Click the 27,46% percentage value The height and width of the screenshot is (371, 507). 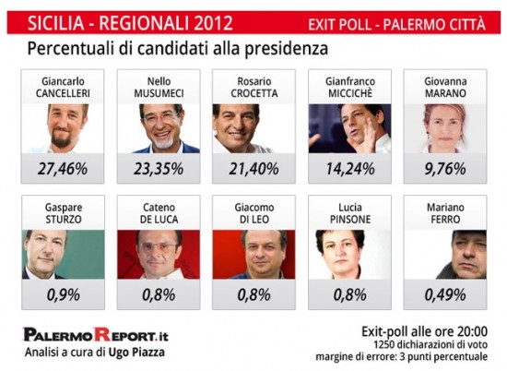point(63,169)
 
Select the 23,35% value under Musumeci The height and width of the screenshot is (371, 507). point(159,169)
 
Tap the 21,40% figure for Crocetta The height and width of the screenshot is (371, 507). point(253,169)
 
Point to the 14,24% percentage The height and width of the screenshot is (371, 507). point(350,169)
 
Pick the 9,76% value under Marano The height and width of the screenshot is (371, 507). point(445,169)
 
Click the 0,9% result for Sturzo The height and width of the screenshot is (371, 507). point(64,295)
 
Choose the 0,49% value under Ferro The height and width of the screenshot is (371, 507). point(445,295)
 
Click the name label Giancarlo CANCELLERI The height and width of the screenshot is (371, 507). point(63,88)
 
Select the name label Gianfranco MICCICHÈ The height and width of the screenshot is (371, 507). point(350,88)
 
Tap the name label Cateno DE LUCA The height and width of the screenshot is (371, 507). point(159,213)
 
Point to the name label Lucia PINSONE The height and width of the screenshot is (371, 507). point(350,213)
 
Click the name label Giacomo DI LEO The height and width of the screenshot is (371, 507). point(254,213)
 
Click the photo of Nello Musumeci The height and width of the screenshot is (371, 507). point(159,128)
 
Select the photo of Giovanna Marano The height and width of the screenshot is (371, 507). point(445,128)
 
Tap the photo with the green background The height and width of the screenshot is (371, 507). point(64,255)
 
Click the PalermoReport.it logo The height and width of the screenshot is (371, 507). point(96,335)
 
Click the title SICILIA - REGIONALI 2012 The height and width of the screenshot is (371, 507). point(130,23)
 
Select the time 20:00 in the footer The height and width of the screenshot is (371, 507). point(472,332)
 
